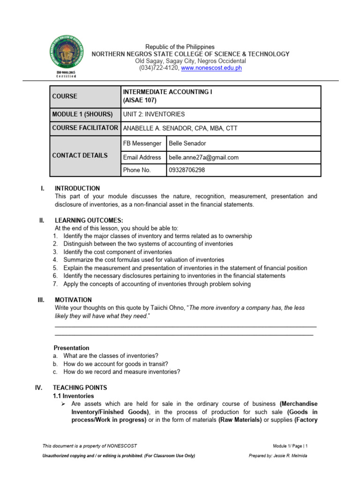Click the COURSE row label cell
pyautogui.click(x=65, y=96)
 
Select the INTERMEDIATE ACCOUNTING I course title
pyautogui.click(x=167, y=92)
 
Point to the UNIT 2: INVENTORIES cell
pyautogui.click(x=154, y=114)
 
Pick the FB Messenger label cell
pyautogui.click(x=142, y=143)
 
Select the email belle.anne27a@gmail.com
pyautogui.click(x=204, y=157)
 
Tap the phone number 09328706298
pyautogui.click(x=187, y=170)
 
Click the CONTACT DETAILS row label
pyautogui.click(x=80, y=156)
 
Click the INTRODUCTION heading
pyautogui.click(x=77, y=188)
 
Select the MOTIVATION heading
pyautogui.click(x=73, y=300)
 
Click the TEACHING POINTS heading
pyautogui.click(x=80, y=388)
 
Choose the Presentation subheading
pyautogui.click(x=71, y=348)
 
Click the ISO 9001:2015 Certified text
pyautogui.click(x=65, y=75)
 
